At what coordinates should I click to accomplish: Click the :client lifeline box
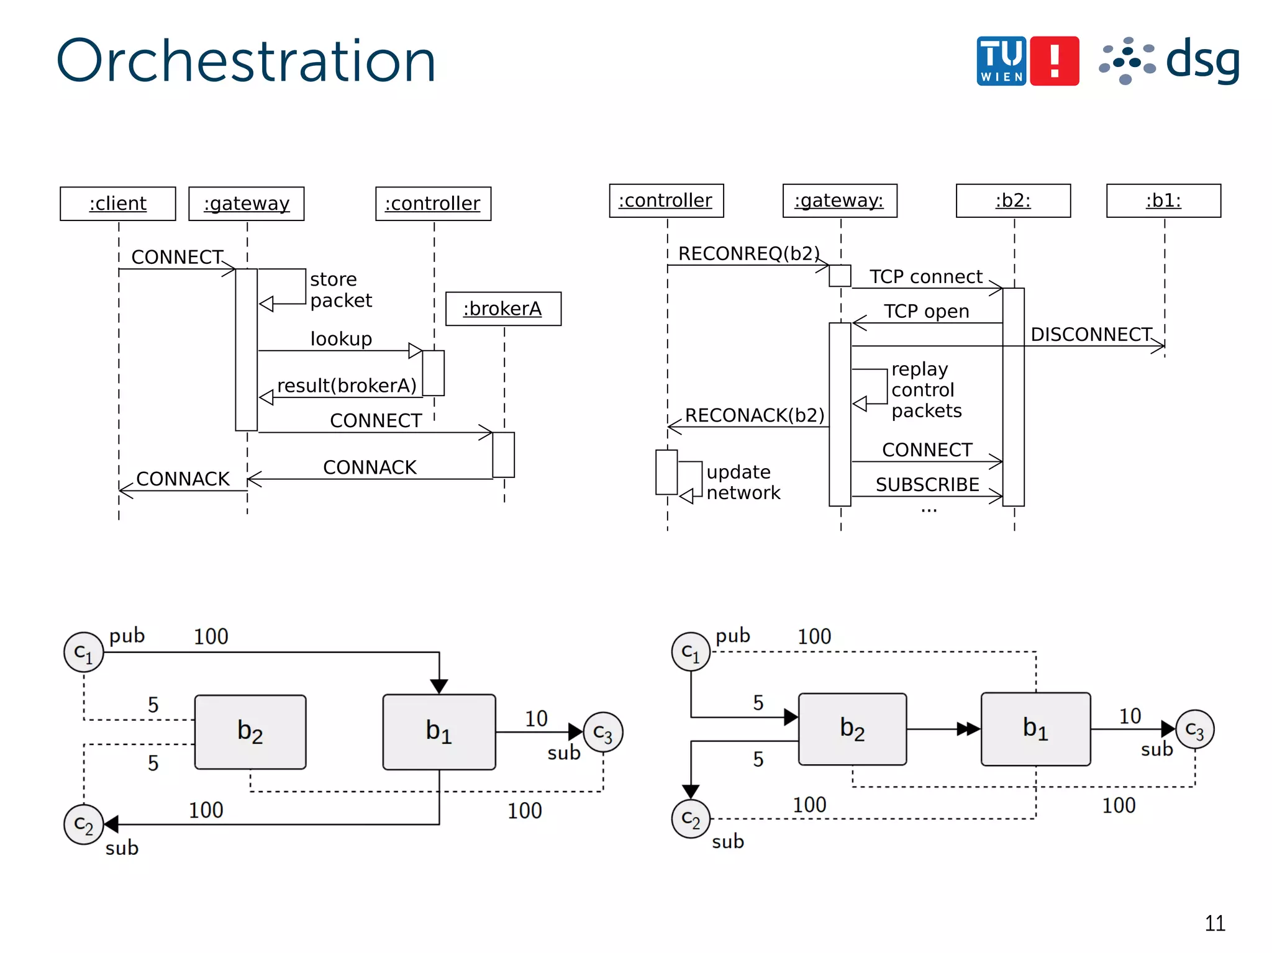coord(118,204)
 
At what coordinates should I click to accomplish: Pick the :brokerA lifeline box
coord(503,309)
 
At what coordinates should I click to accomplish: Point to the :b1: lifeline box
coord(1163,201)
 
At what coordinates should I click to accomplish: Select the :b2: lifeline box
coord(1013,201)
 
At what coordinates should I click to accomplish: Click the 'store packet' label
coord(340,290)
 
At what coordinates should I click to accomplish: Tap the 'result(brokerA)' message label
coord(347,386)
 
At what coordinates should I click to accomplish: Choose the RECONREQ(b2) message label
coord(748,253)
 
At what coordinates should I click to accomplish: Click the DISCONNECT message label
coord(1091,335)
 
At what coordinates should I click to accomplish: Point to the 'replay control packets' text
coord(925,390)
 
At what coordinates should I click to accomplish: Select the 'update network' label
coord(743,482)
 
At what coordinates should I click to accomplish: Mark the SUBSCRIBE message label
coord(927,484)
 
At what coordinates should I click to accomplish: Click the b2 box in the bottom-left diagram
coord(250,732)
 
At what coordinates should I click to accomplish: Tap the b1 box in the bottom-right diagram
coord(1035,729)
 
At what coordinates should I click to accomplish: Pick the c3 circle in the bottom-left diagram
coord(602,733)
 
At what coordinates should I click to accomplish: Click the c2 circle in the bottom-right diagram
coord(691,819)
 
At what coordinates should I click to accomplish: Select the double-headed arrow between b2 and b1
coord(968,729)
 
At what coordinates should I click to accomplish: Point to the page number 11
coord(1215,923)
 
